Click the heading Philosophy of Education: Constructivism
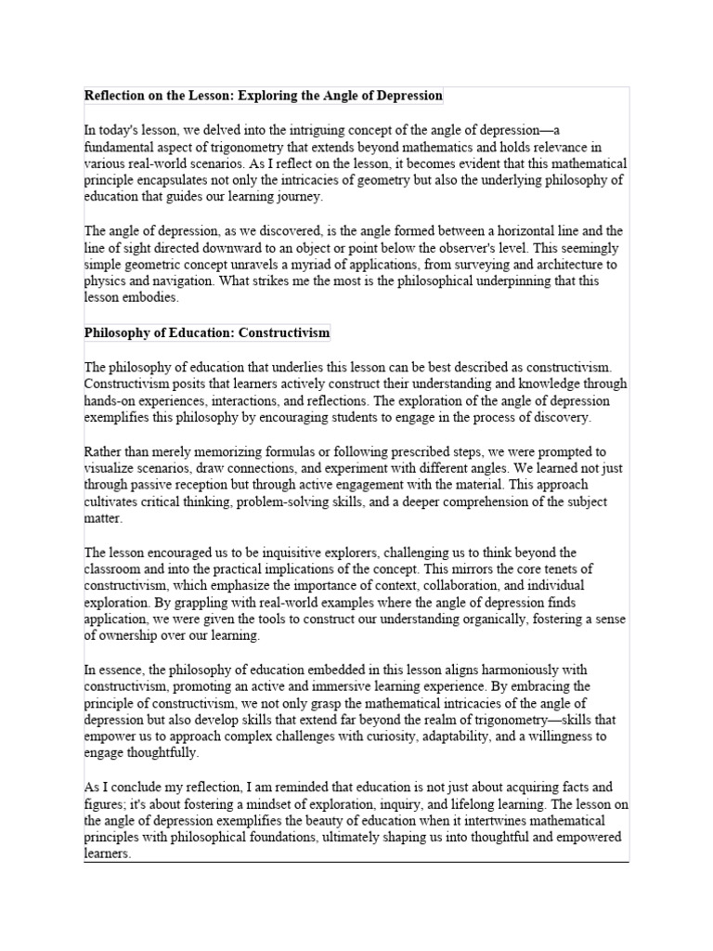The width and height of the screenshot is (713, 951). tap(207, 332)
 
